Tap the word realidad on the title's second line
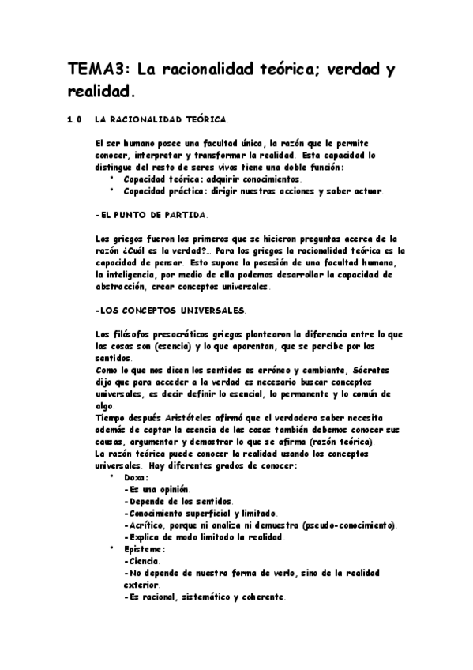tap(100, 92)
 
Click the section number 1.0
tap(75, 120)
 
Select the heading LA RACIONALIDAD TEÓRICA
tap(160, 120)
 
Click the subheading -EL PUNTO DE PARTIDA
tap(151, 214)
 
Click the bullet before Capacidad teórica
tap(112, 179)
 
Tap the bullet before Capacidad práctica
tap(112, 190)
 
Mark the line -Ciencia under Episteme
tap(142, 560)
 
